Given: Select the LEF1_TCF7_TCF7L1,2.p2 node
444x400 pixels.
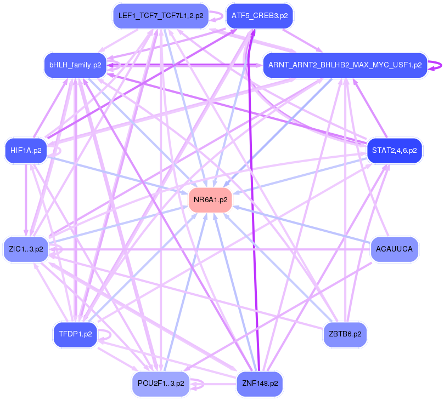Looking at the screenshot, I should (161, 16).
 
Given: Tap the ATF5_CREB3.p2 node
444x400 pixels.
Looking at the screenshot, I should (260, 16).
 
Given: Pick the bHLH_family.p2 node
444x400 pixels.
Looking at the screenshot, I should (75, 65).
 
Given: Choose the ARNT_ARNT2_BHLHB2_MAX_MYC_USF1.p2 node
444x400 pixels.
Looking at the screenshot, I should (345, 65).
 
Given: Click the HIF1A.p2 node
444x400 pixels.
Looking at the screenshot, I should (26, 151).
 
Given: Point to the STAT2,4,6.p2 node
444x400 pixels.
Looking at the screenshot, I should (394, 150).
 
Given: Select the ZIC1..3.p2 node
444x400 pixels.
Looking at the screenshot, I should (26, 249).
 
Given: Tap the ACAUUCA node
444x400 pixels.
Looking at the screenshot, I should (394, 249).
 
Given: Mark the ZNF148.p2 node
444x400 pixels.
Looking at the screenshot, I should (260, 383).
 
